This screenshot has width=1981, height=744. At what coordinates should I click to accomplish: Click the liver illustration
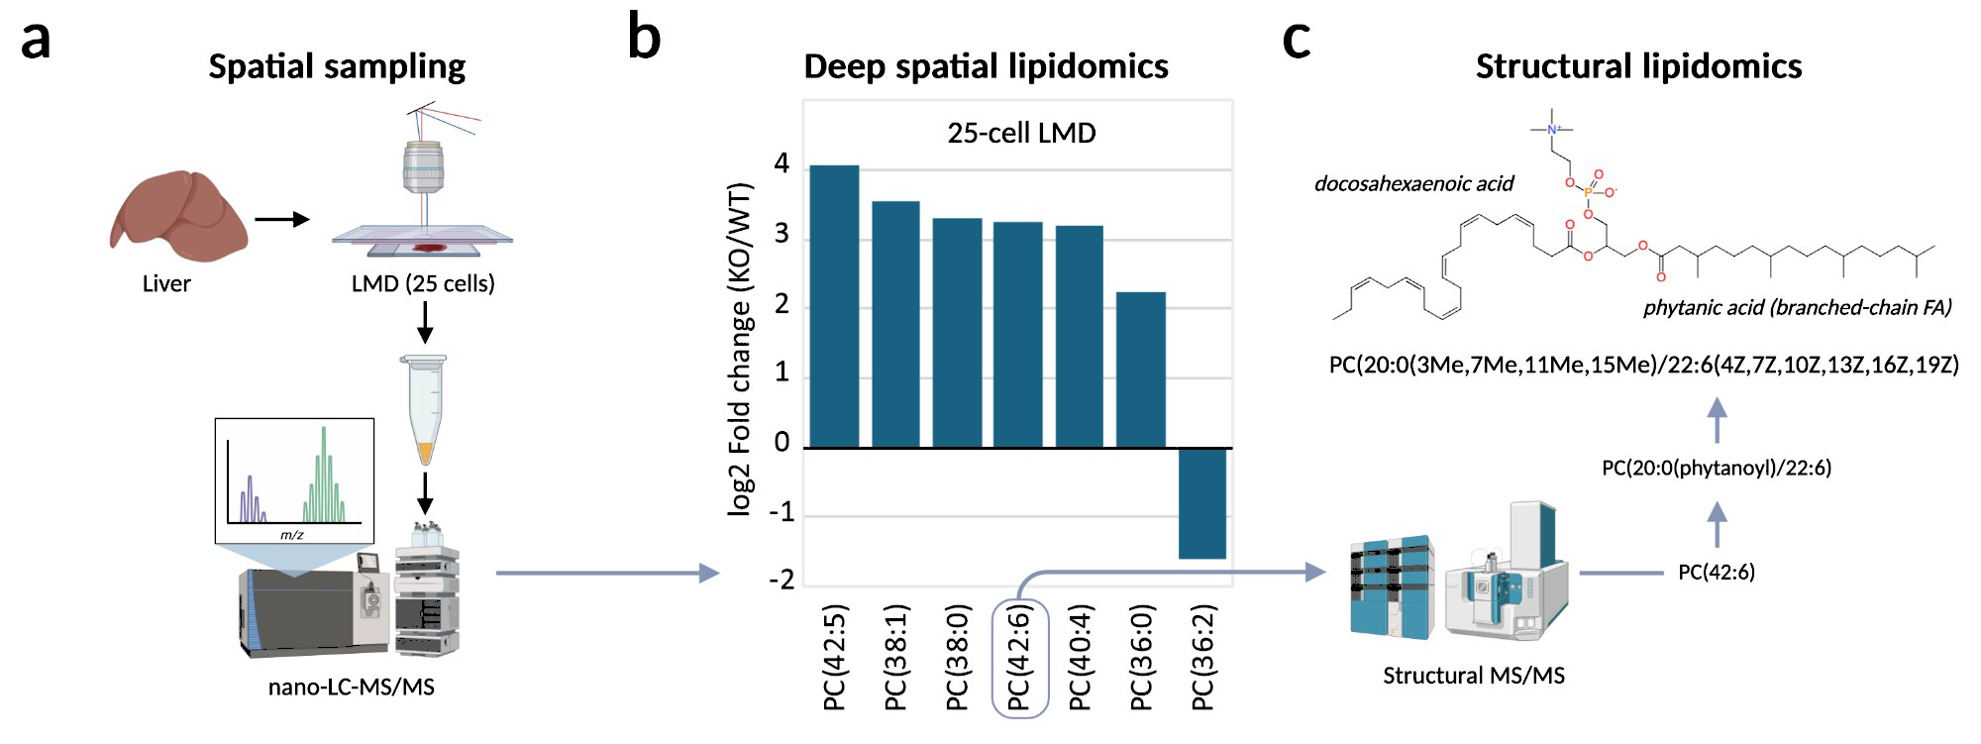[178, 216]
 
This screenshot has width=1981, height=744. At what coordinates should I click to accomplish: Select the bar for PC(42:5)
[834, 307]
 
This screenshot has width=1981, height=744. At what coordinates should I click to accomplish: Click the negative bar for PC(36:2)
[1201, 503]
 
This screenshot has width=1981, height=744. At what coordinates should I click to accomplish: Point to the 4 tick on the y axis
[782, 163]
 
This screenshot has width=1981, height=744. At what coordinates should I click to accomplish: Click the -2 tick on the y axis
[782, 580]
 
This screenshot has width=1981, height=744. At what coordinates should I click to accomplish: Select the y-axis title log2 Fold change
[740, 349]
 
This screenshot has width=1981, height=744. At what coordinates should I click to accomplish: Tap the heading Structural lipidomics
[1638, 66]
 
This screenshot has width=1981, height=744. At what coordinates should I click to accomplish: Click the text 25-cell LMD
[1021, 133]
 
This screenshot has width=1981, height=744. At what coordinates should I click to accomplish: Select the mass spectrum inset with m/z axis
[294, 480]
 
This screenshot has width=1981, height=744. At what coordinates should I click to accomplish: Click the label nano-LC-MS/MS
[351, 687]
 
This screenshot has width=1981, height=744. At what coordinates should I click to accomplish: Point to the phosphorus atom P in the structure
[1588, 192]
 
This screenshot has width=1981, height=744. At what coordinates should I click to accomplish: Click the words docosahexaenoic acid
[1413, 183]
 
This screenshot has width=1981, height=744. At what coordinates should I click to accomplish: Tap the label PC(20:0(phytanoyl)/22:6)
[1716, 468]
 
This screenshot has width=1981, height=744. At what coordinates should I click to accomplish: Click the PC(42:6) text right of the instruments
[1716, 572]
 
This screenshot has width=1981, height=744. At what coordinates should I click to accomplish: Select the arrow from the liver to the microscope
[282, 219]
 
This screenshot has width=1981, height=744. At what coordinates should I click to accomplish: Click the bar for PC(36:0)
[1140, 370]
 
